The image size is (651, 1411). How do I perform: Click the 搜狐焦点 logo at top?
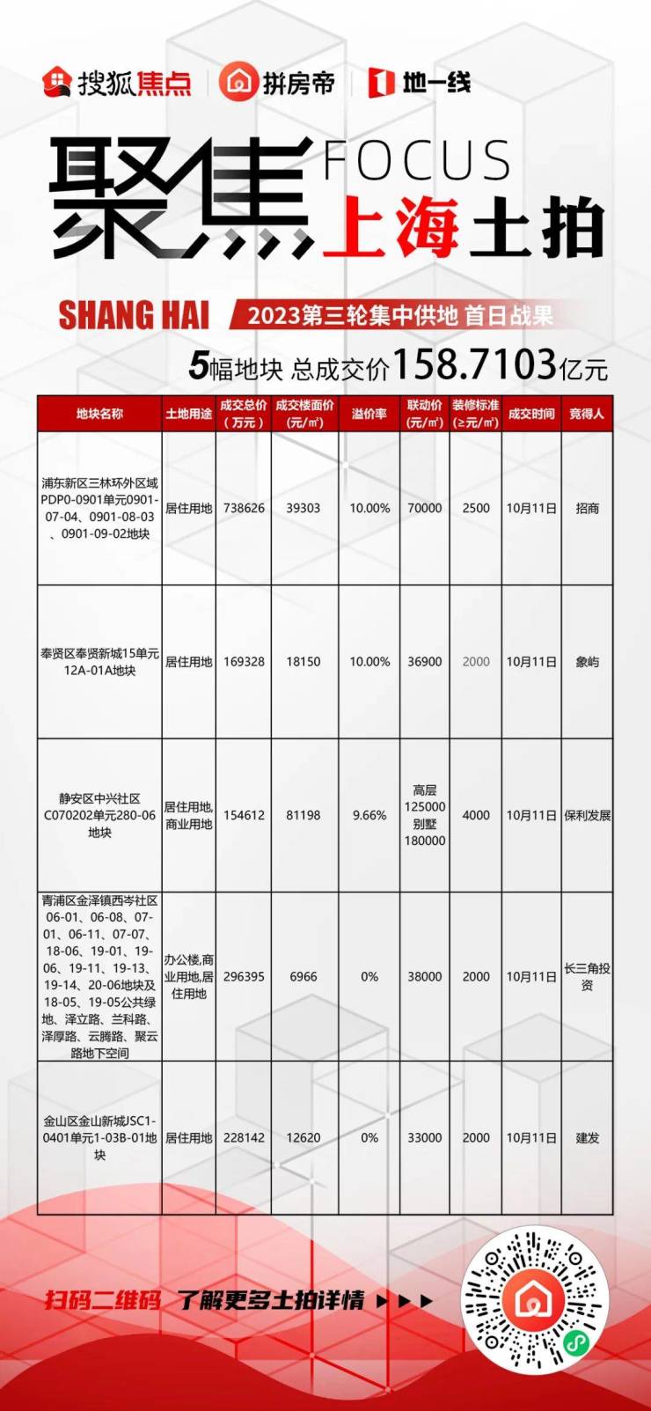click(117, 83)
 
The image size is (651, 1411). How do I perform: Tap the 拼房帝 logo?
click(278, 83)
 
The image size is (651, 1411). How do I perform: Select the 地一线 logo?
click(420, 83)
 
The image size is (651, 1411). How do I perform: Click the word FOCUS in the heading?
click(417, 160)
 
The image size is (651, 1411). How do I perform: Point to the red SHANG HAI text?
click(134, 315)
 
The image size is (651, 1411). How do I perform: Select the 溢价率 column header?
click(369, 414)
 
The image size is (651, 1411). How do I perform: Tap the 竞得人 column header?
click(587, 414)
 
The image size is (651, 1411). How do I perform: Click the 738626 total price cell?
click(244, 508)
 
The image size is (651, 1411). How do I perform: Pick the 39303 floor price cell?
click(304, 508)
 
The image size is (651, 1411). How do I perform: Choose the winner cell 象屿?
click(587, 662)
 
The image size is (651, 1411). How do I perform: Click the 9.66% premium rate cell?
click(369, 815)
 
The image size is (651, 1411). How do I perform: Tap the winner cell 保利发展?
click(587, 815)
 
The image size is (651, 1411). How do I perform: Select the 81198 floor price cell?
click(304, 815)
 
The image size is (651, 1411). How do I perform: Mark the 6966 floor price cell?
click(304, 976)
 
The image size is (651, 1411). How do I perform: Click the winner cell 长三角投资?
click(587, 976)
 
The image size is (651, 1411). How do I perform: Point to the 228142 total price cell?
click(244, 1137)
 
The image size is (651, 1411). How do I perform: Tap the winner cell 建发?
click(587, 1137)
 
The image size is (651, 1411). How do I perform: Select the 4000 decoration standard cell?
click(476, 815)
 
